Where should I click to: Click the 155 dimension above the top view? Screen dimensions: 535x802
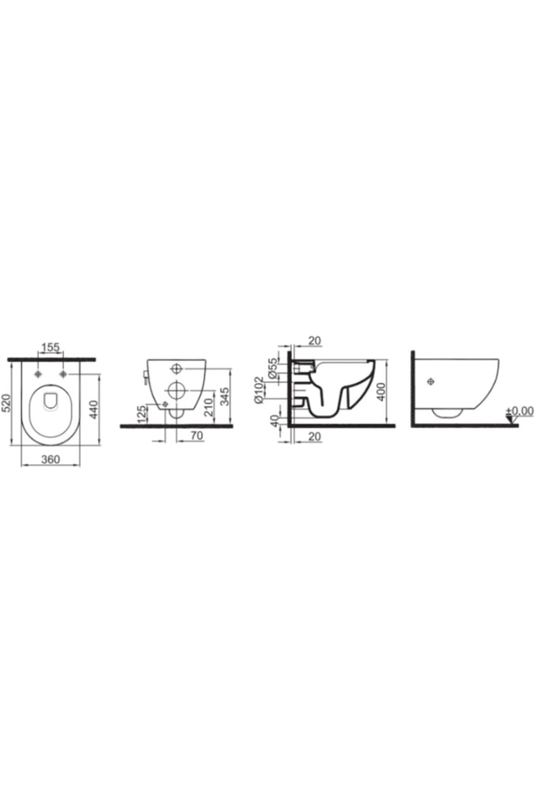pyautogui.click(x=50, y=347)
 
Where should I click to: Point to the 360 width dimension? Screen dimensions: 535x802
pyautogui.click(x=50, y=459)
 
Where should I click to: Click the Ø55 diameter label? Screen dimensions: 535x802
pyautogui.click(x=273, y=368)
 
